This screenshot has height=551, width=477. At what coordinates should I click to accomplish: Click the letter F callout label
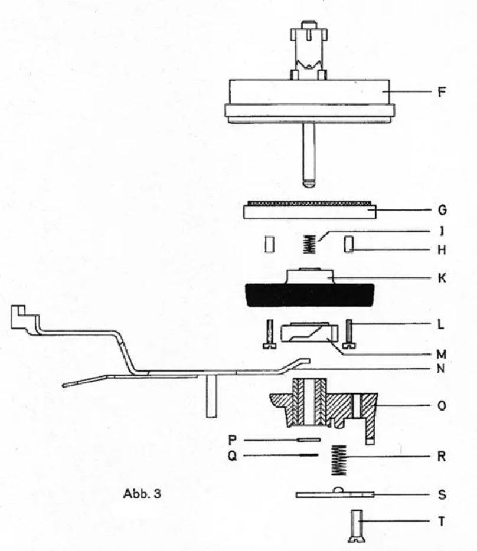click(442, 92)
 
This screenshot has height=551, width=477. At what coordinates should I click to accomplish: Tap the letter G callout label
click(442, 210)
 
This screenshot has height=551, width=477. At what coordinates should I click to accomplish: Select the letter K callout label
click(442, 278)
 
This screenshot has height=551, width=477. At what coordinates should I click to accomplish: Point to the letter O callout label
click(442, 405)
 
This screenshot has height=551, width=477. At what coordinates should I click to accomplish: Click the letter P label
click(232, 440)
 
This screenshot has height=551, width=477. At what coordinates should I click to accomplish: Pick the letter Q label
click(232, 456)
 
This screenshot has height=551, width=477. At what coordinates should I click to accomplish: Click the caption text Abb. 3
click(142, 493)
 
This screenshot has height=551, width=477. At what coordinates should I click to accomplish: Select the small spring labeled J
click(309, 244)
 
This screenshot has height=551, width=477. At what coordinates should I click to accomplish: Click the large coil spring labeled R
click(339, 460)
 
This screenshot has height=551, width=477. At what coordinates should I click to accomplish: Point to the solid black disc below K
click(309, 295)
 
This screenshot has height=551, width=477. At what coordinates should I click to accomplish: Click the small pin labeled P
click(309, 440)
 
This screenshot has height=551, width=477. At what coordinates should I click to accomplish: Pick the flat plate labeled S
click(335, 493)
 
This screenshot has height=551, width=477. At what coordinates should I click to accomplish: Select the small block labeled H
click(349, 244)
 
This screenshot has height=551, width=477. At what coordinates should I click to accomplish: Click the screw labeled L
click(349, 334)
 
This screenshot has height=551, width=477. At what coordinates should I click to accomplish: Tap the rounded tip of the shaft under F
click(309, 184)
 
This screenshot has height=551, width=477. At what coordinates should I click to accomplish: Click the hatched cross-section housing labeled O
click(324, 408)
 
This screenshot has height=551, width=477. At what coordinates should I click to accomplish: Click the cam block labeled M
click(309, 332)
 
